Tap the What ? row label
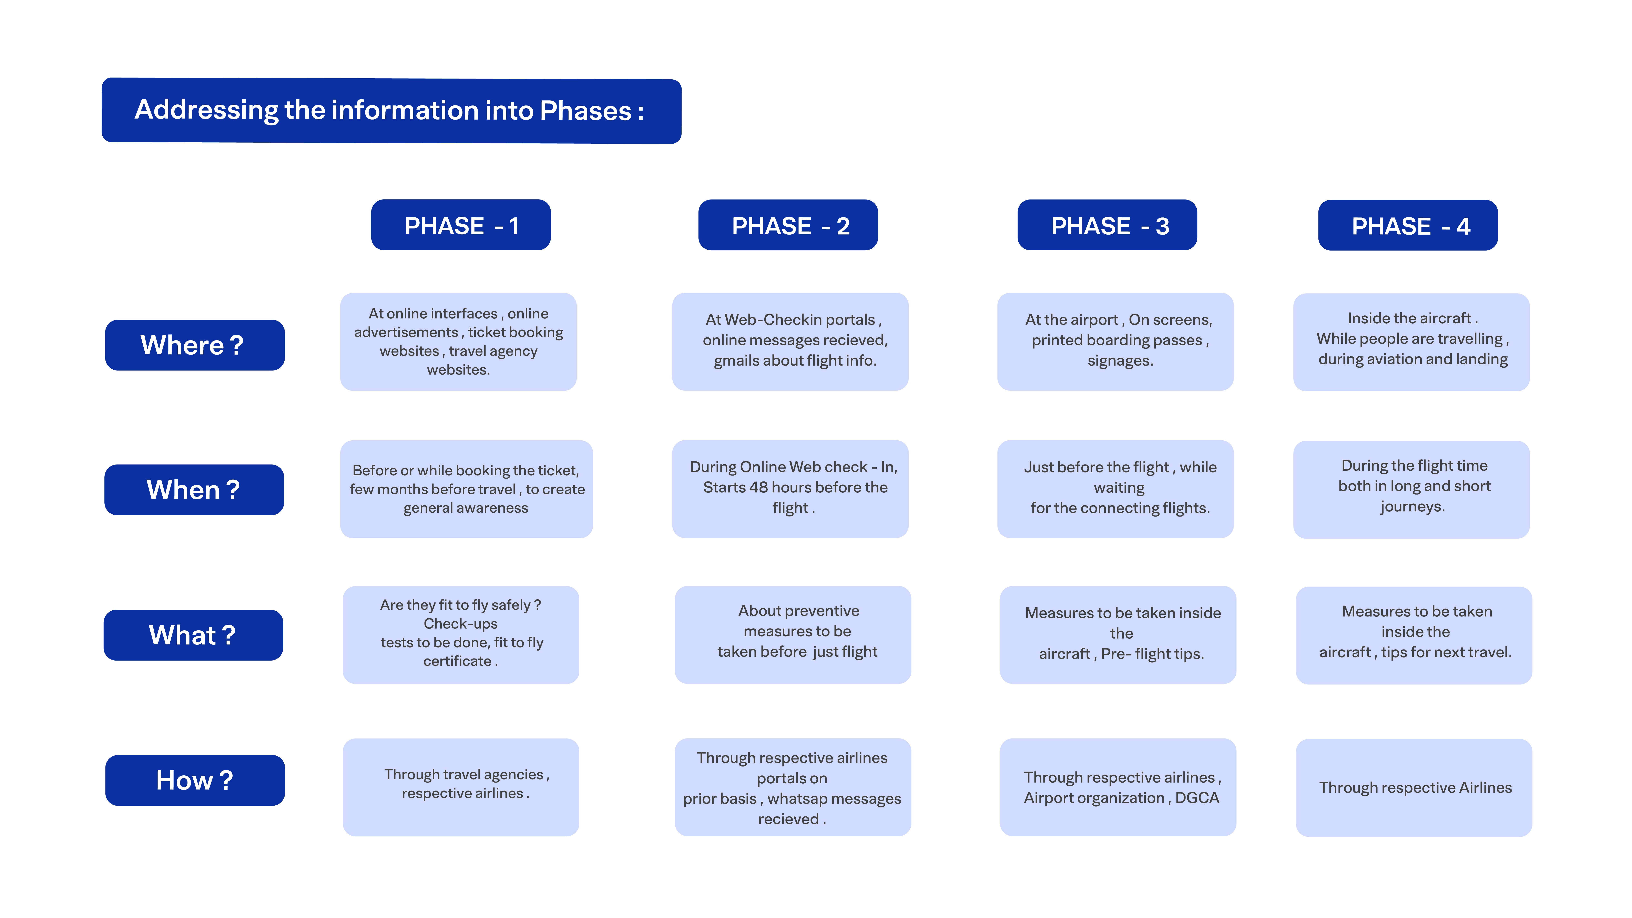pyautogui.click(x=193, y=635)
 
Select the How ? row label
pyautogui.click(x=194, y=780)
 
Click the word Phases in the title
pyautogui.click(x=585, y=111)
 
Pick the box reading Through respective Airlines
pyautogui.click(x=1414, y=787)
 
